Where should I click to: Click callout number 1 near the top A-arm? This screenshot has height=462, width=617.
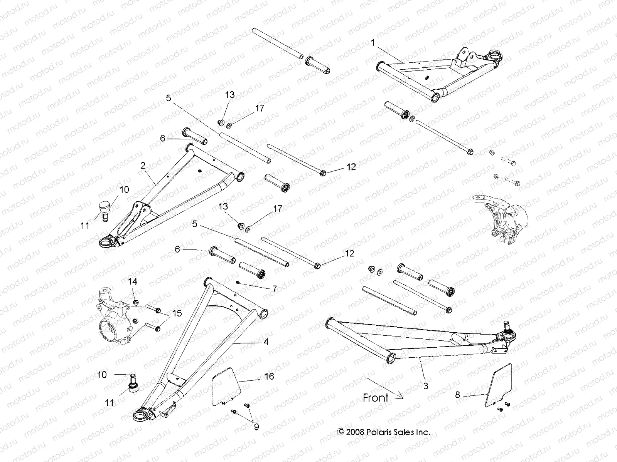tap(373, 43)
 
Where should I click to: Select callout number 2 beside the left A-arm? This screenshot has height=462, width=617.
tap(143, 166)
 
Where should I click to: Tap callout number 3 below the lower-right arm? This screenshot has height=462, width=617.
tap(426, 385)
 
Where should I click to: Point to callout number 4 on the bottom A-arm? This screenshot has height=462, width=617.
tap(266, 341)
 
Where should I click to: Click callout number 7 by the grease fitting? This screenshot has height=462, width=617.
tap(274, 289)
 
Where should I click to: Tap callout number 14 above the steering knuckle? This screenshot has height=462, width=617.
tap(132, 282)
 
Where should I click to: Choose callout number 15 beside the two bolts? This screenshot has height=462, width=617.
tap(177, 313)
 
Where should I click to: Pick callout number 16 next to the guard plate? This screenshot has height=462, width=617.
tap(269, 376)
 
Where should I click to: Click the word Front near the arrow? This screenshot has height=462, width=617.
tap(376, 398)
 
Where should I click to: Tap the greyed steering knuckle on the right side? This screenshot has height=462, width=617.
tap(497, 218)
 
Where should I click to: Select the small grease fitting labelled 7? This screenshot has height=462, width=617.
tap(238, 283)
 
